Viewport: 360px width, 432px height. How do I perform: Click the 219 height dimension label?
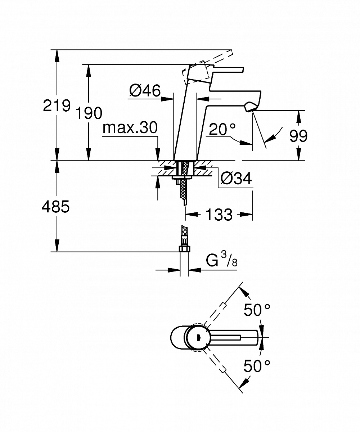56,106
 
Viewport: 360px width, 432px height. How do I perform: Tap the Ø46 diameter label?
145,91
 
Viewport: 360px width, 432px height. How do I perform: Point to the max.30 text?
130,127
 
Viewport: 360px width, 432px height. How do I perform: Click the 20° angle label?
222,129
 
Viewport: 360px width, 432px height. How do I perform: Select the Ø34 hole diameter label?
236,179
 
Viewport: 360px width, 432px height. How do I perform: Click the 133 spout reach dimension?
219,215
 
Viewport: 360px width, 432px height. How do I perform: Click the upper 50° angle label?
257,310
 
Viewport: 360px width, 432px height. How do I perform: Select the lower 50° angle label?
257,366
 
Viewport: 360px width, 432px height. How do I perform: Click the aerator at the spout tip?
251,107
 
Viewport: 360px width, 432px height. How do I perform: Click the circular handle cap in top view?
197,337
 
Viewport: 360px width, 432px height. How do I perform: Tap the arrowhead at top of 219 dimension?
56,54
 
